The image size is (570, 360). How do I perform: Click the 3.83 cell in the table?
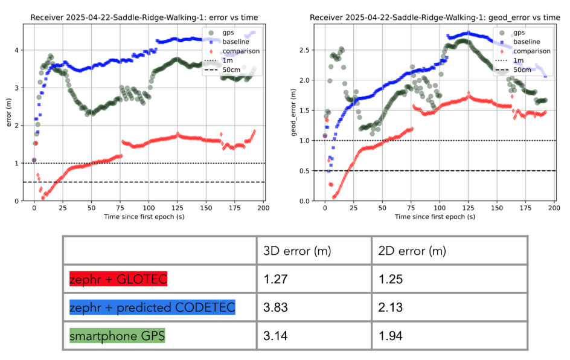[275, 307]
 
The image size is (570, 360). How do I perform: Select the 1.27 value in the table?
[275, 279]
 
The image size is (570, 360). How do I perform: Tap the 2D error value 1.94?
[391, 335]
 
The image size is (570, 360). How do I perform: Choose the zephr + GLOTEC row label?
[118, 279]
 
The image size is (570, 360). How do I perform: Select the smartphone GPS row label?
[117, 335]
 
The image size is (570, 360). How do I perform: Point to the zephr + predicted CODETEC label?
[152, 307]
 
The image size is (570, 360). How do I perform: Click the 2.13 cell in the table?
[391, 307]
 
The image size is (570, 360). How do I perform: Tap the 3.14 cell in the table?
[275, 335]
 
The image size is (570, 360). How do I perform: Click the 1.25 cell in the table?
[391, 279]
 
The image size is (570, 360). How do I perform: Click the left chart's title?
[147, 18]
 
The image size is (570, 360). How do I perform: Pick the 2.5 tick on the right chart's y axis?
[305, 50]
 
